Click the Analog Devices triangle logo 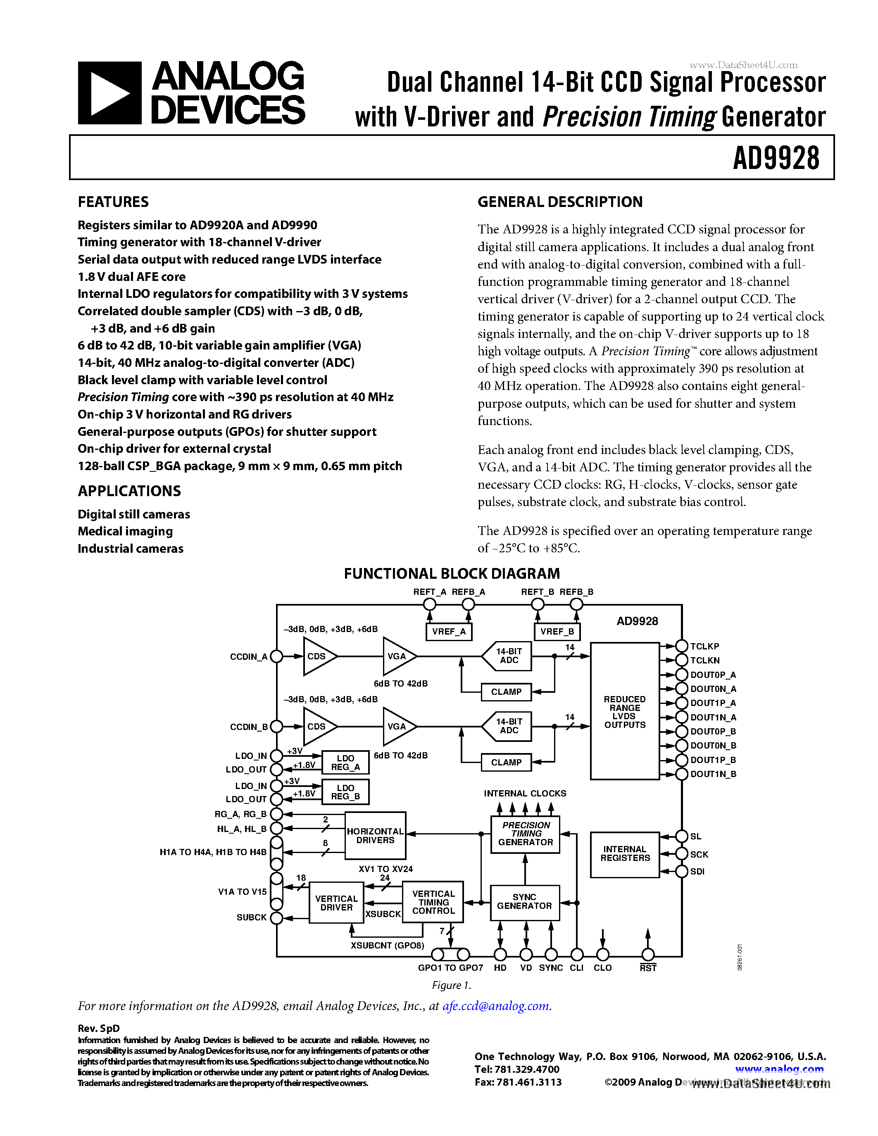click(109, 93)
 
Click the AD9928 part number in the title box click(776, 158)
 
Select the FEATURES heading click(113, 202)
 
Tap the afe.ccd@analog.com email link click(496, 1005)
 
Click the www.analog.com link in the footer click(779, 1069)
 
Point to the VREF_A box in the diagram click(448, 632)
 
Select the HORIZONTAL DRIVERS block click(375, 835)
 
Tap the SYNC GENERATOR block click(524, 901)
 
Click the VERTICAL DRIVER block click(336, 903)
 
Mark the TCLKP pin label click(704, 646)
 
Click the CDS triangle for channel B click(317, 727)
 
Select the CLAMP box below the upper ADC click(506, 692)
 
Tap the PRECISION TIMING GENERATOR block click(525, 834)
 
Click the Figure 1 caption click(452, 985)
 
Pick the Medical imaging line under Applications click(125, 531)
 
